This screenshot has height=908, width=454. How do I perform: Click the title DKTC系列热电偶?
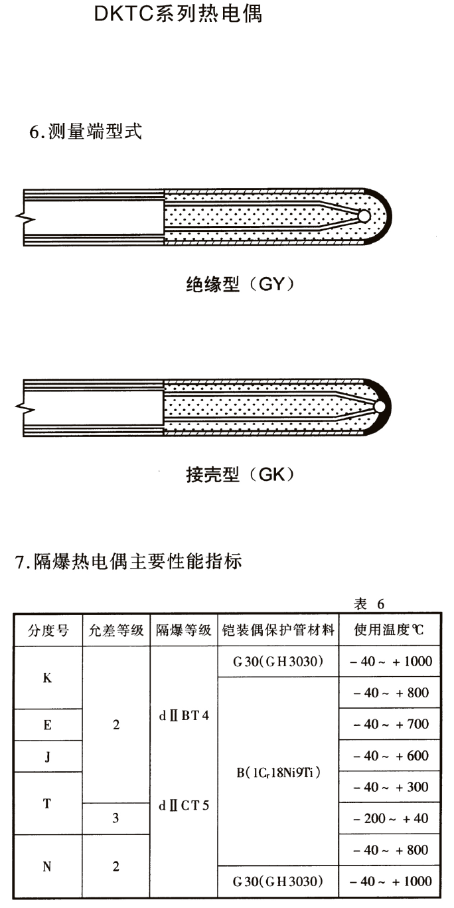pyautogui.click(x=178, y=14)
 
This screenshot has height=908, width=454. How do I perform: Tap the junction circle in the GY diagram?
pyautogui.click(x=363, y=217)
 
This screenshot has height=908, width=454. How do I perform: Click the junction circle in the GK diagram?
pyautogui.click(x=380, y=407)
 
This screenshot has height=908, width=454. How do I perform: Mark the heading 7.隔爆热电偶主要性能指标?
pyautogui.click(x=128, y=563)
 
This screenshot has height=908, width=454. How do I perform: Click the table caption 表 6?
pyautogui.click(x=370, y=604)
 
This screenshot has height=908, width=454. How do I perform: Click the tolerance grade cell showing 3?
pyautogui.click(x=116, y=819)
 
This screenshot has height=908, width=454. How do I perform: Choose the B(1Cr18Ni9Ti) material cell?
pyautogui.click(x=278, y=772)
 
